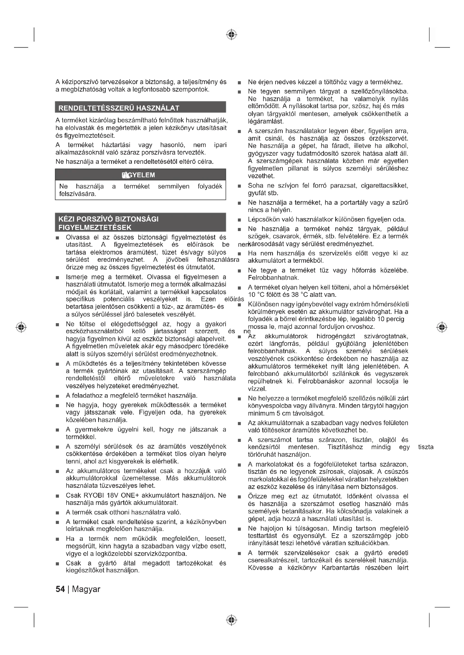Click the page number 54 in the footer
tap(60, 589)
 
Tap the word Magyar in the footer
tap(86, 589)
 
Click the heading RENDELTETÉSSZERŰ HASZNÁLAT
tap(119, 108)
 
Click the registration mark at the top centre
tap(232, 34)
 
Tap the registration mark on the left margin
tap(21, 327)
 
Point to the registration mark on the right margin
tap(442, 327)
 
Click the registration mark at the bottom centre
tap(232, 620)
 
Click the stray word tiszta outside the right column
tap(426, 447)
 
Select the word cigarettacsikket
tap(385, 186)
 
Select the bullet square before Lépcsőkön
tap(239, 220)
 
